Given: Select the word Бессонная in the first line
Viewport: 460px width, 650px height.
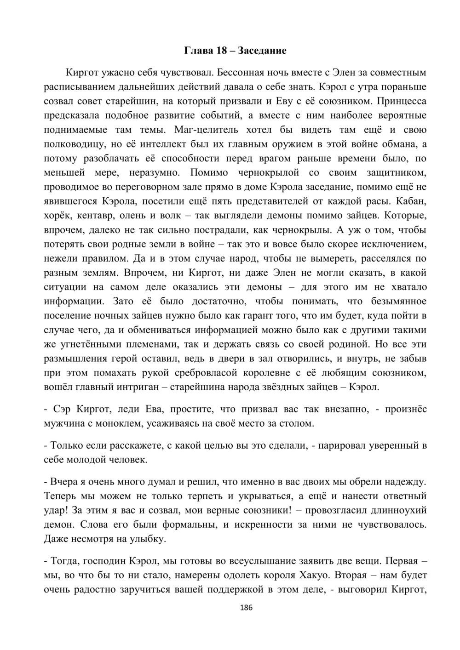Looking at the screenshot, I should pos(239,72).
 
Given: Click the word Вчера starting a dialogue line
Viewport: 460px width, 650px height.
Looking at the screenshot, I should pos(64,482).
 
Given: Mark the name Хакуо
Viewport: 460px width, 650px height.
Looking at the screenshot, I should pos(313,575).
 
